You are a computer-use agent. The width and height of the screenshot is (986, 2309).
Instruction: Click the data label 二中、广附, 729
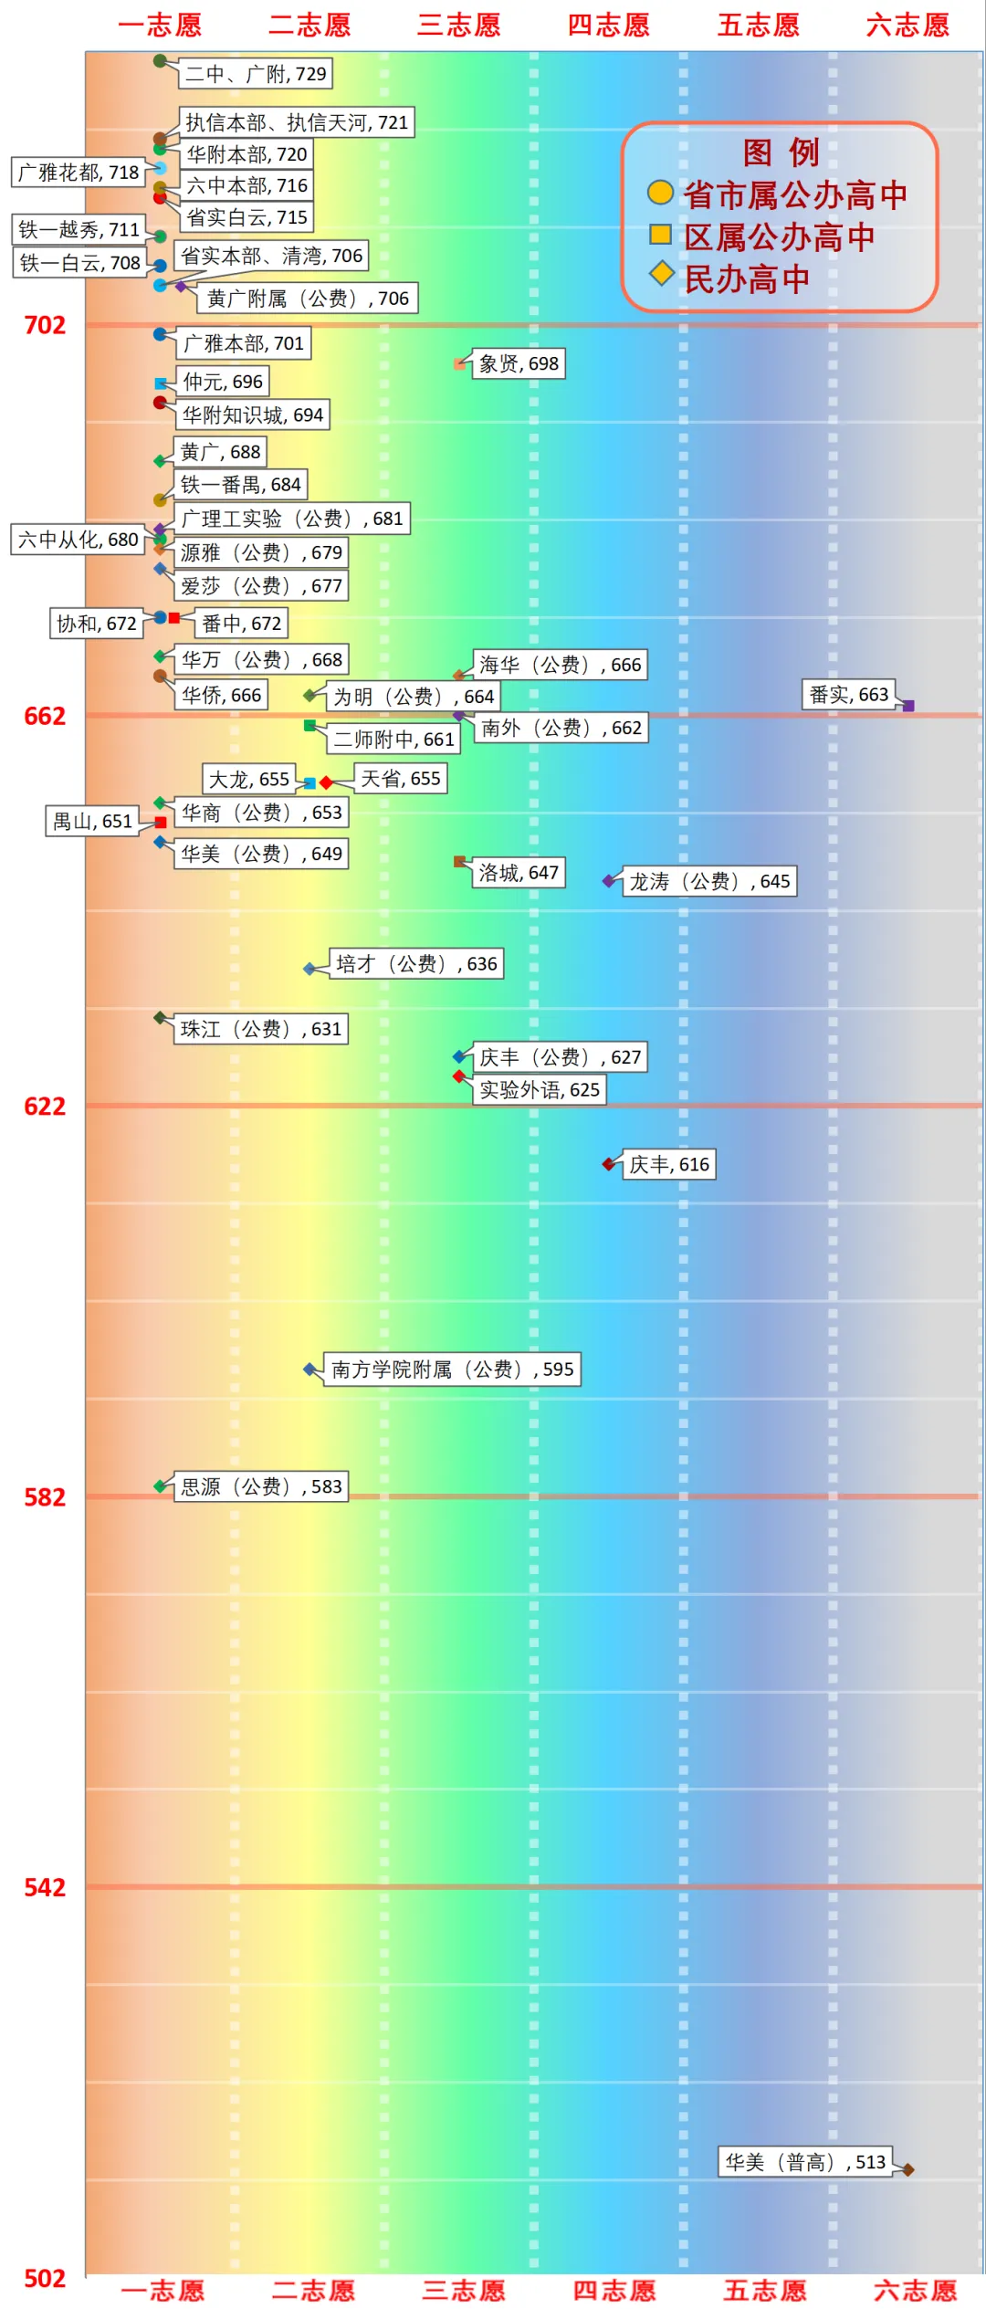coord(255,74)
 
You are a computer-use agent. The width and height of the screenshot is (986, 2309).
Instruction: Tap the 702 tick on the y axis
coord(44,325)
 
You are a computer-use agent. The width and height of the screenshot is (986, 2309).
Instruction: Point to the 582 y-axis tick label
coord(44,1497)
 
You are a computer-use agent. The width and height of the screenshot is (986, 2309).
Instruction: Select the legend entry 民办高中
coord(746,279)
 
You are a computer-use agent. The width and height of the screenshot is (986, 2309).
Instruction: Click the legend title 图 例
coord(781,152)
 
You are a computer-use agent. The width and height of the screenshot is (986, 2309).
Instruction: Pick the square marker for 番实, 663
coord(908,706)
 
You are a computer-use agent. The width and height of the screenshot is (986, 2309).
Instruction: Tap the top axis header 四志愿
coord(608,25)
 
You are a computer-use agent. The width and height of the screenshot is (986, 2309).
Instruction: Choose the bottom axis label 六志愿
coord(914,2290)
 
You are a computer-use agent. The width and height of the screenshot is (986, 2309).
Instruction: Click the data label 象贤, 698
coord(518,363)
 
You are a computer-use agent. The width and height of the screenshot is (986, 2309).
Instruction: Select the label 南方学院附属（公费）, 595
coord(452,1370)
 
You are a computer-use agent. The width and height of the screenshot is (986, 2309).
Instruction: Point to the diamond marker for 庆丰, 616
coord(609,1164)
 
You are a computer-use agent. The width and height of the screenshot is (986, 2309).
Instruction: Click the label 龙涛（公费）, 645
coord(708,881)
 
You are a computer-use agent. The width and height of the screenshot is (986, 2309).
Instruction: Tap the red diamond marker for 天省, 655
coord(326,782)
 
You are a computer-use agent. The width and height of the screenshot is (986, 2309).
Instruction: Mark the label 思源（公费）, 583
coord(260,1486)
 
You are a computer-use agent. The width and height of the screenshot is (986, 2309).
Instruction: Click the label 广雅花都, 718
coord(79,172)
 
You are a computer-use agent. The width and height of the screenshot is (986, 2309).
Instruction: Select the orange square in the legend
coord(660,235)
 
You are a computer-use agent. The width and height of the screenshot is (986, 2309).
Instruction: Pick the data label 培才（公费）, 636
coord(416,963)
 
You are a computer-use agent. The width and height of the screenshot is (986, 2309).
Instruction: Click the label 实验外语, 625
coord(539,1089)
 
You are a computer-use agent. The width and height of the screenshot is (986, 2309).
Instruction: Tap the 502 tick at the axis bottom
coord(44,2278)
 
